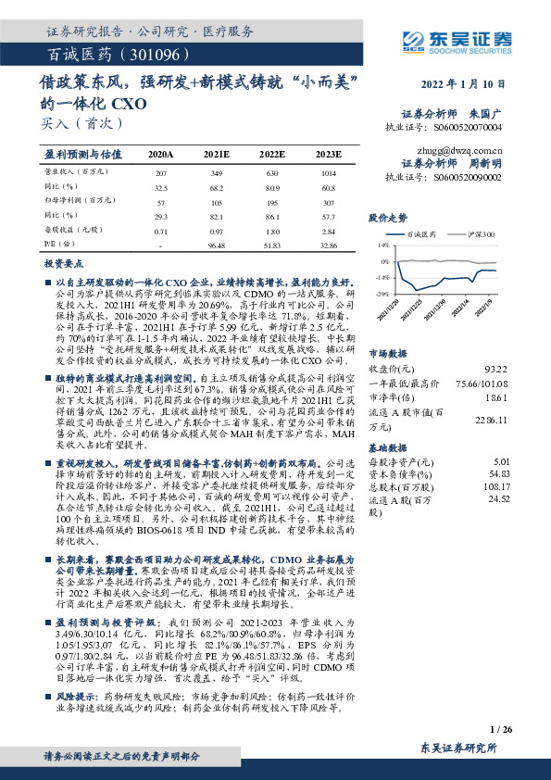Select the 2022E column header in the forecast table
(x=272, y=154)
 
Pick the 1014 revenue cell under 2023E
(x=327, y=173)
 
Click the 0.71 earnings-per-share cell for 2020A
(x=161, y=230)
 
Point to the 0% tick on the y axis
(x=382, y=262)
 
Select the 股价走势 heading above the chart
(x=387, y=219)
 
